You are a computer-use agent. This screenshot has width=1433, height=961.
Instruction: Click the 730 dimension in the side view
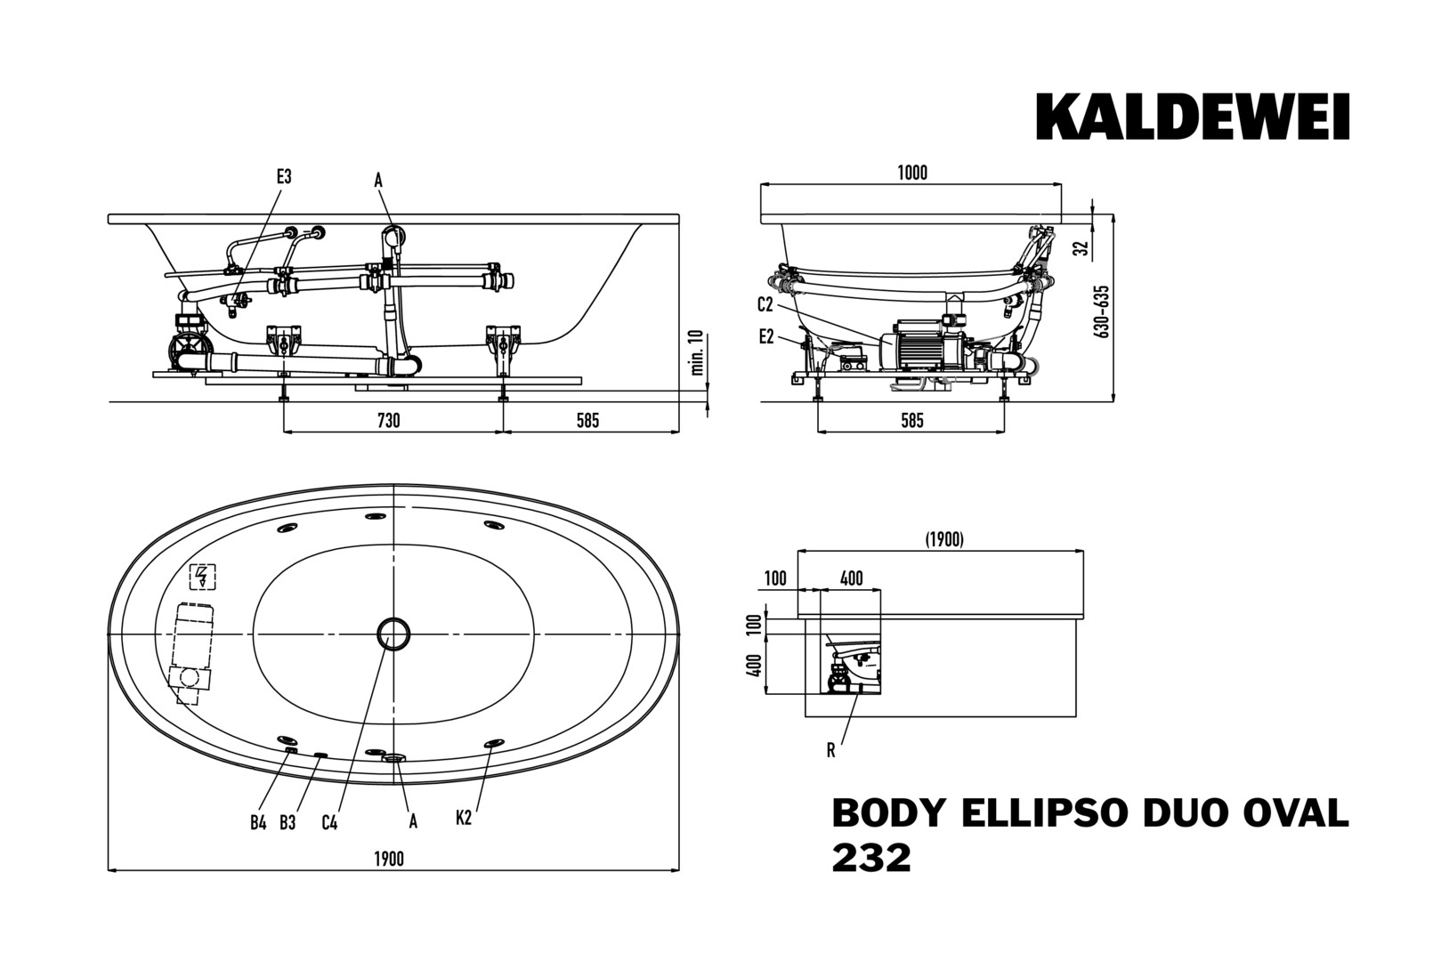[x=389, y=420]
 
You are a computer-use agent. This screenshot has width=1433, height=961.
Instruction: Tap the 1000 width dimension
[x=912, y=173]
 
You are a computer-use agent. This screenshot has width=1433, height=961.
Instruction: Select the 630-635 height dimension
[x=1103, y=311]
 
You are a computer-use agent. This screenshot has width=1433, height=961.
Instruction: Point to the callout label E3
[x=283, y=177]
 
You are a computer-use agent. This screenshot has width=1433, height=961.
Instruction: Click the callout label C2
[x=765, y=305]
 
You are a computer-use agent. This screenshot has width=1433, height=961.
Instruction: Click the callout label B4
[x=258, y=822]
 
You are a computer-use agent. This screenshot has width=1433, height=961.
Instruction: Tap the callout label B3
[x=287, y=822]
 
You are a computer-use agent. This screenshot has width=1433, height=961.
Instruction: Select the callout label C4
[x=329, y=822]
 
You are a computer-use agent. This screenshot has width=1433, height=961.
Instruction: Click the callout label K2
[x=464, y=818]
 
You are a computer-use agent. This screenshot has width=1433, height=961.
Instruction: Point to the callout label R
[x=830, y=750]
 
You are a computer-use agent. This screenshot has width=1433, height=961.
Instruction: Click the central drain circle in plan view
[x=393, y=634]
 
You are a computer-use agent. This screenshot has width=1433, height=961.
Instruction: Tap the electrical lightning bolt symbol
[x=203, y=577]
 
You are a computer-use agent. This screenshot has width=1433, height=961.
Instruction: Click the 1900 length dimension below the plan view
[x=389, y=859]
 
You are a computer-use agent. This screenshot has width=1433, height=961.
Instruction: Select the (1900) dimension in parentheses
[x=943, y=539]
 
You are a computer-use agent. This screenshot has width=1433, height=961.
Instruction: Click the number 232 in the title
[x=871, y=858]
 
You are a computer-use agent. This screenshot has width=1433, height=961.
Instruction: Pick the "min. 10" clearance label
[x=696, y=352]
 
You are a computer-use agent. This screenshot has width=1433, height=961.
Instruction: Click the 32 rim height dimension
[x=1081, y=248]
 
